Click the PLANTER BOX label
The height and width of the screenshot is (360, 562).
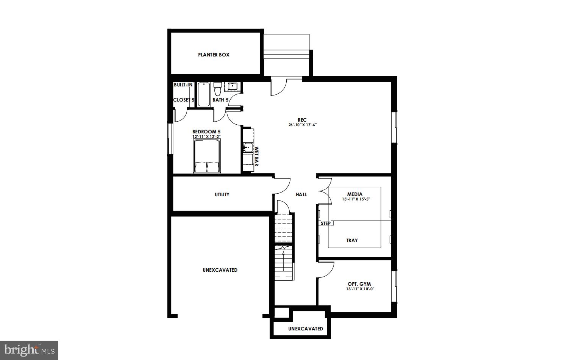[x=214, y=55]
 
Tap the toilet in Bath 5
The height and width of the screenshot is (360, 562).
[x=217, y=90]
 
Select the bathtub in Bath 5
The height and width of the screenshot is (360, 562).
[x=203, y=94]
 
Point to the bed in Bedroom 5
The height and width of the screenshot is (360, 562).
[x=207, y=156]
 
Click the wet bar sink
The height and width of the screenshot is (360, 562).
[x=248, y=147]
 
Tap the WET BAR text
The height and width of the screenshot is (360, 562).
[x=256, y=157]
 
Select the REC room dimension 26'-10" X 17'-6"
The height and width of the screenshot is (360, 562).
[x=302, y=125]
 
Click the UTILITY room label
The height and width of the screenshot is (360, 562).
[x=222, y=195]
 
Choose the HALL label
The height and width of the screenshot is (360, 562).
[x=301, y=195]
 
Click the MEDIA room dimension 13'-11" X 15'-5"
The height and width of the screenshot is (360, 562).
[x=355, y=199]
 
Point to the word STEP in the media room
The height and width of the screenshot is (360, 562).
[x=326, y=223]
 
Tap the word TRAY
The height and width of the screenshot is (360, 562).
[x=352, y=240]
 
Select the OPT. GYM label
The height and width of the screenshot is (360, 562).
[x=359, y=284]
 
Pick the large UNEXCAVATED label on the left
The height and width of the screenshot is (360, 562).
[x=220, y=270]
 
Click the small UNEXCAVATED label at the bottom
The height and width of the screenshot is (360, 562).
[x=306, y=329]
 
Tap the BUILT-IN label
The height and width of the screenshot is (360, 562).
[x=183, y=85]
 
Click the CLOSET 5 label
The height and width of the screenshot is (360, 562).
[x=184, y=100]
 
